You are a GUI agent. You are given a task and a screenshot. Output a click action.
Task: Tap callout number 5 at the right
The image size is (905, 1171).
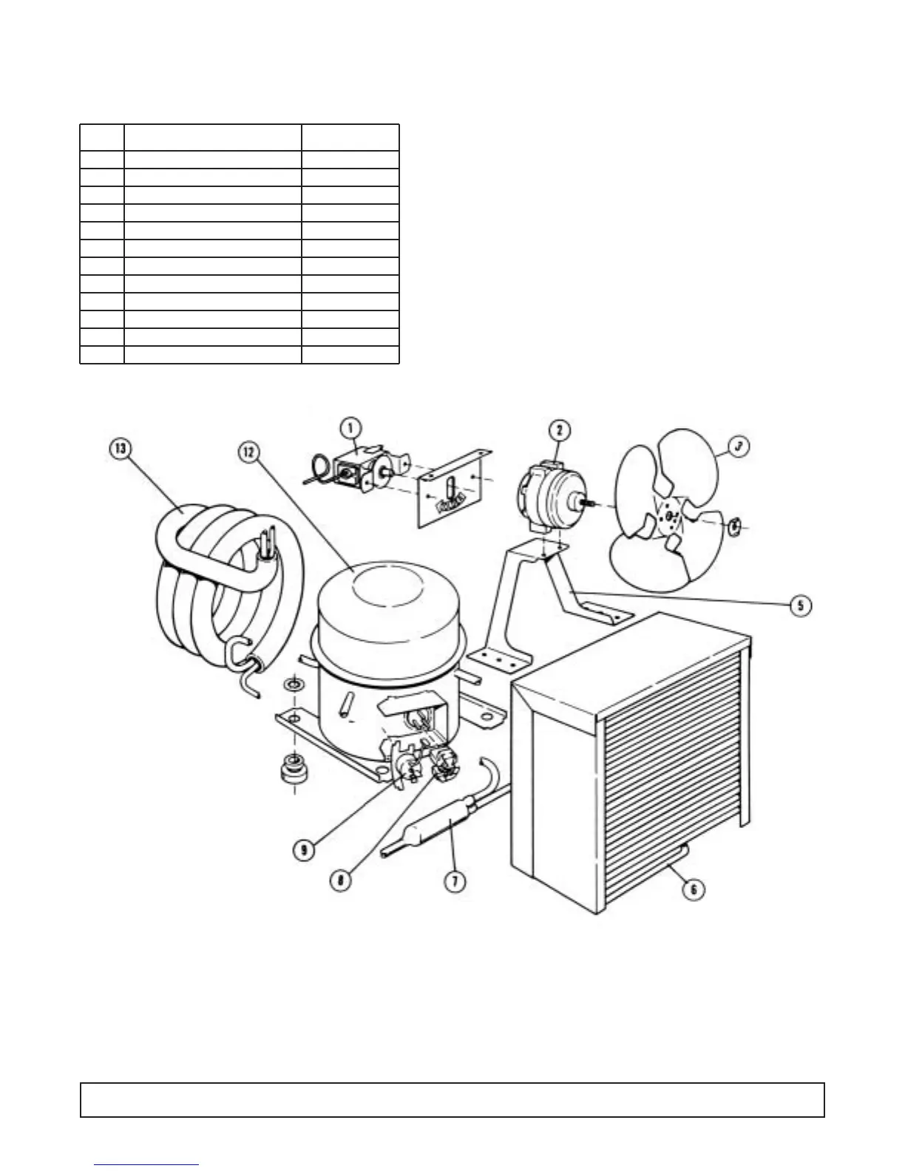(x=801, y=605)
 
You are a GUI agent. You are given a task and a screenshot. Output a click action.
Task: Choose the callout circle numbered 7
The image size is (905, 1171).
(x=454, y=881)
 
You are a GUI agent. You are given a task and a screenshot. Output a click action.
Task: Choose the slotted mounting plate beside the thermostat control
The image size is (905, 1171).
(x=451, y=490)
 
